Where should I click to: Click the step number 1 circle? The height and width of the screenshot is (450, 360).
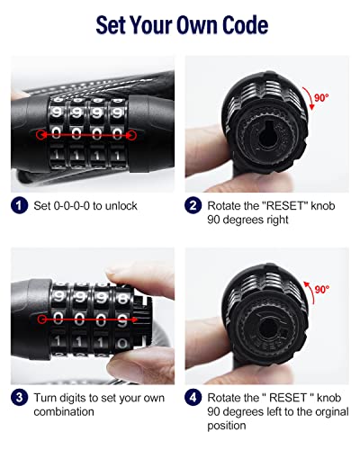click(19, 205)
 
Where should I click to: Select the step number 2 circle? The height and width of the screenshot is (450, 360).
click(192, 205)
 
